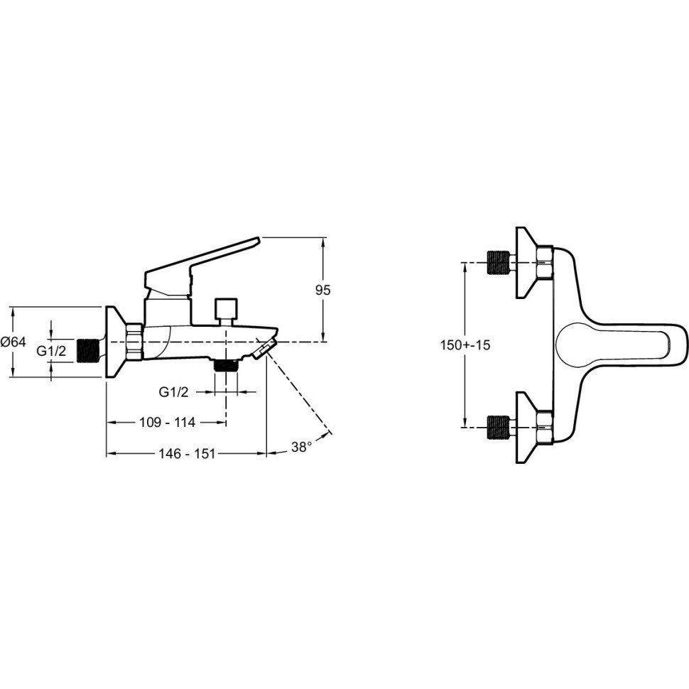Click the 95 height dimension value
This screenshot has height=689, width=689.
tap(322, 291)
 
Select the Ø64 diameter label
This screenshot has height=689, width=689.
tap(13, 342)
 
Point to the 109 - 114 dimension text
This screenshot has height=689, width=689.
tap(167, 422)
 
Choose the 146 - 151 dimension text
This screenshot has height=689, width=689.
tap(188, 453)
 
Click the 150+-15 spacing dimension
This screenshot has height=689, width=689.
tap(465, 345)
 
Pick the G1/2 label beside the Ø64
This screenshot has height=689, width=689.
tap(51, 351)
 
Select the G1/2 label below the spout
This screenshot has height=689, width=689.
tap(173, 391)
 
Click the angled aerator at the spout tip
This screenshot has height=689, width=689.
tap(264, 350)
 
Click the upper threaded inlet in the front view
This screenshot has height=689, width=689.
tap(499, 263)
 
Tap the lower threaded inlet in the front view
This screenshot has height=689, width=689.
tap(499, 427)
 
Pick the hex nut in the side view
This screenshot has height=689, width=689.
tap(134, 342)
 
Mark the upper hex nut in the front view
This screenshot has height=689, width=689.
tap(544, 263)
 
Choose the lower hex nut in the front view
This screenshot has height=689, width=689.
tap(544, 427)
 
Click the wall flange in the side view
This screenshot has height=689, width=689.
tap(116, 342)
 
